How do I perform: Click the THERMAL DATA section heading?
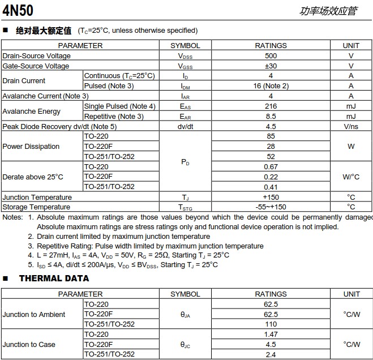click(x=54, y=278)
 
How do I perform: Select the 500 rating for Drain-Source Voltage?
click(x=271, y=55)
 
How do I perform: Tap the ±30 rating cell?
click(x=271, y=66)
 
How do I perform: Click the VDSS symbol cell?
click(x=185, y=55)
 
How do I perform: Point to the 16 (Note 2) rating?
click(x=271, y=86)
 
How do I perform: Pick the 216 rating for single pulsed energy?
click(x=271, y=106)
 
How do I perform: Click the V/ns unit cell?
click(x=351, y=127)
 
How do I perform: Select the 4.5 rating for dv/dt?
click(x=271, y=127)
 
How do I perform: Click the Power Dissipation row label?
click(x=31, y=147)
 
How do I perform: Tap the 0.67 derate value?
click(x=271, y=167)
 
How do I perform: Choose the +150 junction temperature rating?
click(x=271, y=197)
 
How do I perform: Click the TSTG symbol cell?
click(x=185, y=207)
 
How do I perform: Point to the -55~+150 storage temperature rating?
click(x=271, y=207)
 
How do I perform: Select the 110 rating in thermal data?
click(x=271, y=324)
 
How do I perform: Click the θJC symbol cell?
click(x=185, y=345)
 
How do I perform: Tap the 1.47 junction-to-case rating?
click(x=271, y=335)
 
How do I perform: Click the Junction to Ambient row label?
click(x=34, y=314)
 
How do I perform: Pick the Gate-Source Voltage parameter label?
click(x=36, y=66)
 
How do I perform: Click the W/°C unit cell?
click(x=351, y=177)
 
